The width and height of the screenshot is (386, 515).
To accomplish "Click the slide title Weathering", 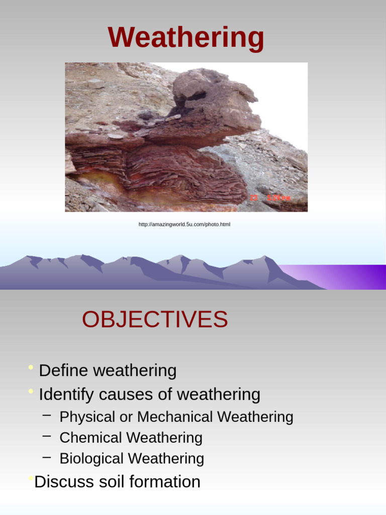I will tap(186, 38).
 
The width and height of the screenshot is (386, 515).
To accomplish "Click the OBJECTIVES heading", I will tap(155, 319).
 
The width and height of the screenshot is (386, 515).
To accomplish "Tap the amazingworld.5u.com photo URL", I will tap(184, 224).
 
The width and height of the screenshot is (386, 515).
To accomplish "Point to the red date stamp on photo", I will tap(271, 198).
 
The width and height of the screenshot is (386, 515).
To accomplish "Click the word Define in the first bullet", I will tap(63, 371).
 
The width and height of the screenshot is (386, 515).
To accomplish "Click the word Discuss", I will tap(63, 482).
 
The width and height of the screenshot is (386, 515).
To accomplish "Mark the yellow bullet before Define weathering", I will tap(31, 368).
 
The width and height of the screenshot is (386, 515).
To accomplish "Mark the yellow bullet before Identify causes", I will tap(31, 391).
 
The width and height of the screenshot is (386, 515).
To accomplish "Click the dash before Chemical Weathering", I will tap(47, 436).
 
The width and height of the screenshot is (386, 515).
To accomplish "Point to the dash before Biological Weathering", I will tap(47, 457).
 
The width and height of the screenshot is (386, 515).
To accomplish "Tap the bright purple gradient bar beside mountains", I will tap(347, 277).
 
